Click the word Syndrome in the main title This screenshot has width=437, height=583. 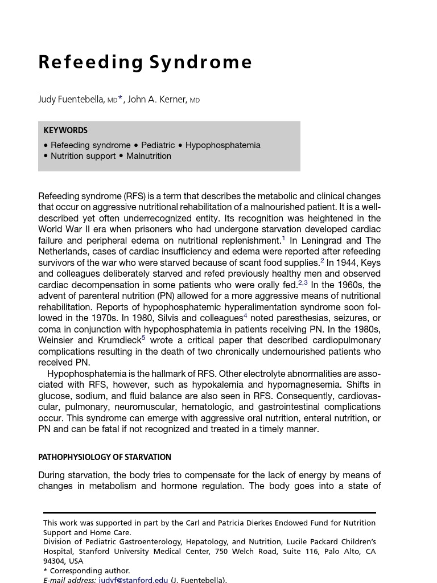[199, 62]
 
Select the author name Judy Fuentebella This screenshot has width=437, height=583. [71, 100]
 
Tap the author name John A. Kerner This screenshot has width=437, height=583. [157, 100]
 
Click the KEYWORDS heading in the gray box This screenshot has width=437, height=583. [65, 130]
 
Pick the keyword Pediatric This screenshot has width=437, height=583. [158, 145]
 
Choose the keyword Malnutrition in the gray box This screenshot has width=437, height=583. [149, 156]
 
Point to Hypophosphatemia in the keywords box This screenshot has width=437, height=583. [222, 145]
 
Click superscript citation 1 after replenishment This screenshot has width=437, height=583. [283, 239]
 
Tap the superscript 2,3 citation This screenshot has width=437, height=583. [303, 283]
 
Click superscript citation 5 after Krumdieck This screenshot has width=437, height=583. [143, 338]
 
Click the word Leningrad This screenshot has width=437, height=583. [321, 240]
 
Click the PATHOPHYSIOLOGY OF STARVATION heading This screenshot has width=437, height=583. [105, 457]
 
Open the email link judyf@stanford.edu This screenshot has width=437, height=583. [133, 580]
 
